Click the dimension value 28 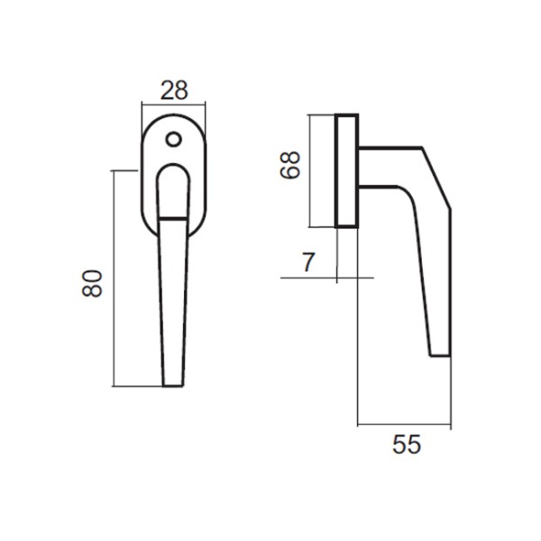[173, 90]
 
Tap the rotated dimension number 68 [289, 165]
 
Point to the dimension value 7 [308, 263]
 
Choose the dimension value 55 [408, 445]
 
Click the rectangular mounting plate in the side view [346, 171]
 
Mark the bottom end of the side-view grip [438, 353]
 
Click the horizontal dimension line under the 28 [173, 106]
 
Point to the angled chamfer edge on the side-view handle [436, 180]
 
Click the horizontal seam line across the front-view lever [173, 219]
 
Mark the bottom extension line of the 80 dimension [140, 386]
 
